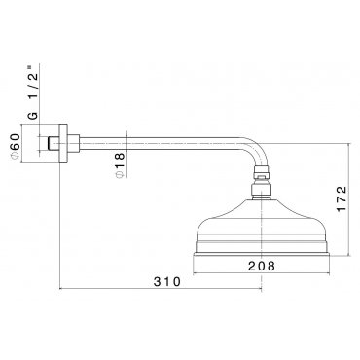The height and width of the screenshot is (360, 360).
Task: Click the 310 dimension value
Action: tap(166, 281)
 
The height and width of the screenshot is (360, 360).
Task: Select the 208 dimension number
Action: tap(262, 266)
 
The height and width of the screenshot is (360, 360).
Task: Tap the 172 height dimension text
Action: tap(342, 199)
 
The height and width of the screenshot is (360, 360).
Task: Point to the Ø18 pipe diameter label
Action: tap(120, 164)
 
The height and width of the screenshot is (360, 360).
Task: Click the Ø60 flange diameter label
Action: tap(16, 147)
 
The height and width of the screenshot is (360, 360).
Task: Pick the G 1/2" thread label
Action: tap(33, 92)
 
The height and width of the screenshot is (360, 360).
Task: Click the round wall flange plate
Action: tap(63, 143)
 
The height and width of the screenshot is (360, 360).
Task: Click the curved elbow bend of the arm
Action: tap(258, 149)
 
